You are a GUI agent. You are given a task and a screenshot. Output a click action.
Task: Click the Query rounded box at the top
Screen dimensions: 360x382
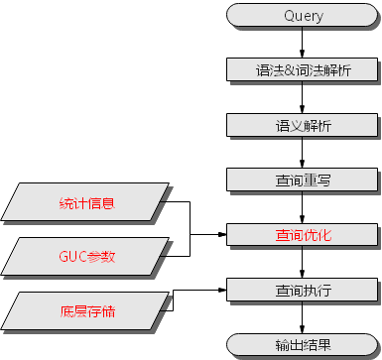click(x=303, y=16)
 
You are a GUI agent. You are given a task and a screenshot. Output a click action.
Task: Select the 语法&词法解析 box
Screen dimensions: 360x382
click(x=303, y=71)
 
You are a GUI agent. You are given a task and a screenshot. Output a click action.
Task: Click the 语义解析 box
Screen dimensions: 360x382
click(x=303, y=127)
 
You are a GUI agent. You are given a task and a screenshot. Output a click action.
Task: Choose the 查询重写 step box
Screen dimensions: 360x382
click(x=303, y=182)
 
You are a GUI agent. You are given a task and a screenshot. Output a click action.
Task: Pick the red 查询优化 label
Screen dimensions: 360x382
click(x=303, y=237)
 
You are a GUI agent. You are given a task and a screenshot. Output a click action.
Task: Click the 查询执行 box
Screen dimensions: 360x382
click(x=303, y=293)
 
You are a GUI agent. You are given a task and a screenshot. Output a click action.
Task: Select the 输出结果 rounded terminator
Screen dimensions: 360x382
click(x=303, y=346)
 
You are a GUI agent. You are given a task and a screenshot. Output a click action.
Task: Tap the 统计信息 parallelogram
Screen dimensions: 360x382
click(x=87, y=204)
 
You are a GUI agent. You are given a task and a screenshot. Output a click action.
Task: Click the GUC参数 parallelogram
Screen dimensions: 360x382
click(x=87, y=257)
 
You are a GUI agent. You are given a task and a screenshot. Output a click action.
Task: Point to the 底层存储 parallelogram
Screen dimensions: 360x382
click(x=87, y=311)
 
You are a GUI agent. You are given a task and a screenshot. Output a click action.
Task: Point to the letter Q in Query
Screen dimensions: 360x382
click(x=289, y=16)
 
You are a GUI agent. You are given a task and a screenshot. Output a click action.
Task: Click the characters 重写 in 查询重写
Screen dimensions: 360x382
click(x=318, y=182)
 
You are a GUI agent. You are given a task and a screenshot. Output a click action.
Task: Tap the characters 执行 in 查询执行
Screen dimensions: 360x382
click(x=318, y=293)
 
